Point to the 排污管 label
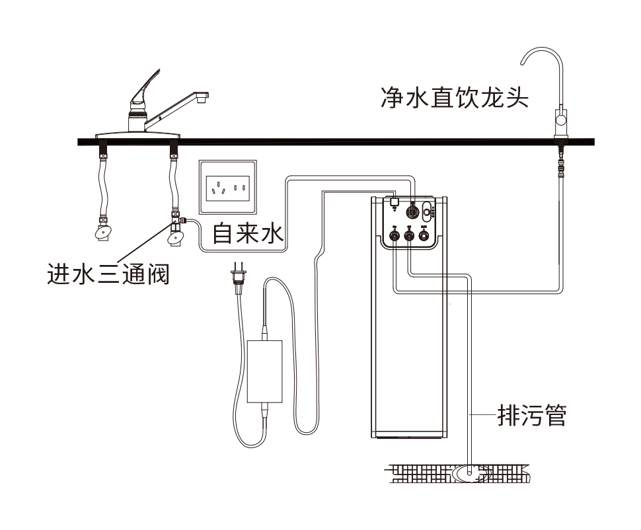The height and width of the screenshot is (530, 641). click(531, 416)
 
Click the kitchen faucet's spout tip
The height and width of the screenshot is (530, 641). click(203, 98)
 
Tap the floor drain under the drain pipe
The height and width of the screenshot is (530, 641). click(470, 472)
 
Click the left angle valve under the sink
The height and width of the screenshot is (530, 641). click(102, 232)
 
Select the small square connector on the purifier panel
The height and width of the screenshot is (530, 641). click(393, 200)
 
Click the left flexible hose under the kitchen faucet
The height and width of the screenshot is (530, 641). click(103, 184)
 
